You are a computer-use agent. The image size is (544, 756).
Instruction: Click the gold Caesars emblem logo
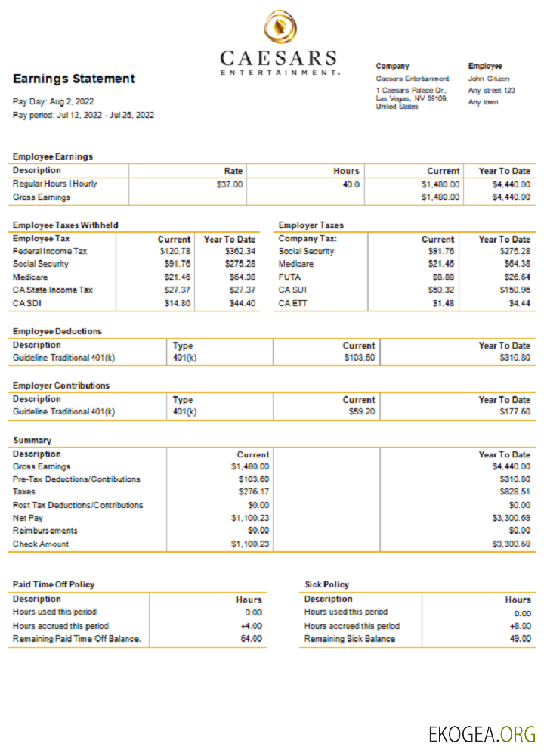point(279,29)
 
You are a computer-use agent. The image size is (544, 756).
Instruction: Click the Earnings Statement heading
point(74,79)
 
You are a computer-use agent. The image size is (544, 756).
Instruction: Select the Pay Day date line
point(54,101)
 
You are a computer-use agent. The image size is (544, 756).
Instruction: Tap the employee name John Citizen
point(489,79)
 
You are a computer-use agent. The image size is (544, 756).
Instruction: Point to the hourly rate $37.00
point(230,184)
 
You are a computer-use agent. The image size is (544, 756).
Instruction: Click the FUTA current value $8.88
point(444,277)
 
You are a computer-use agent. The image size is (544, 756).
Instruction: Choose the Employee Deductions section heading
point(57,331)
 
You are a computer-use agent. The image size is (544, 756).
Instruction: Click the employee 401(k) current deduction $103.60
point(360,358)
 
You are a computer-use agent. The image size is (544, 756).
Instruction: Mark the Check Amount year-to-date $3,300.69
point(512,544)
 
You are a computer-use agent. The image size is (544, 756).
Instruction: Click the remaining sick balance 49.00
point(521,639)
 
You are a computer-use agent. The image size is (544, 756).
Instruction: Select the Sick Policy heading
point(327,584)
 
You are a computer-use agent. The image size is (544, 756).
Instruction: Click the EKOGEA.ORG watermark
point(481,733)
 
